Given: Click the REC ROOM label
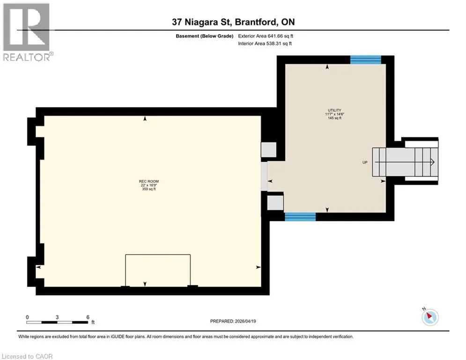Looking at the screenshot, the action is pyautogui.click(x=149, y=181).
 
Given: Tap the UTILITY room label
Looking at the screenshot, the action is pyautogui.click(x=335, y=110).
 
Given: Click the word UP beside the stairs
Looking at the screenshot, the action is pyautogui.click(x=365, y=163).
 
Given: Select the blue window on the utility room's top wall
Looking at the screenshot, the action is pyautogui.click(x=366, y=60).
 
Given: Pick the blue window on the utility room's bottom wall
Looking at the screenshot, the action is pyautogui.click(x=300, y=217).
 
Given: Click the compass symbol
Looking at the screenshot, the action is pyautogui.click(x=430, y=317).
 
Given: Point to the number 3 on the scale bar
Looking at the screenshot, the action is pyautogui.click(x=57, y=317).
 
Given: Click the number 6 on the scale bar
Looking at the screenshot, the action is pyautogui.click(x=88, y=317).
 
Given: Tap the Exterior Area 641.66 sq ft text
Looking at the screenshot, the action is pyautogui.click(x=266, y=36).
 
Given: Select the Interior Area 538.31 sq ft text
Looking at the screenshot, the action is pyautogui.click(x=265, y=44).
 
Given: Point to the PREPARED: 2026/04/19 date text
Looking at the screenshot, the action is pyautogui.click(x=233, y=321).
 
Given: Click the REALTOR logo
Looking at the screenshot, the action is pyautogui.click(x=27, y=32).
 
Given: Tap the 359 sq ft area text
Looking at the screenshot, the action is pyautogui.click(x=149, y=189).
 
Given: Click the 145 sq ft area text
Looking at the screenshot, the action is pyautogui.click(x=335, y=118).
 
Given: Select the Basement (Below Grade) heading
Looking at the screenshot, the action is pyautogui.click(x=205, y=36).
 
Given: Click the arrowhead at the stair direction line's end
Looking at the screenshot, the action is pyautogui.click(x=433, y=162).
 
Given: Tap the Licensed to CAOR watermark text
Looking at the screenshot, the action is pyautogui.click(x=27, y=356).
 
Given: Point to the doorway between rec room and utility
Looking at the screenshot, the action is pyautogui.click(x=264, y=176).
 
